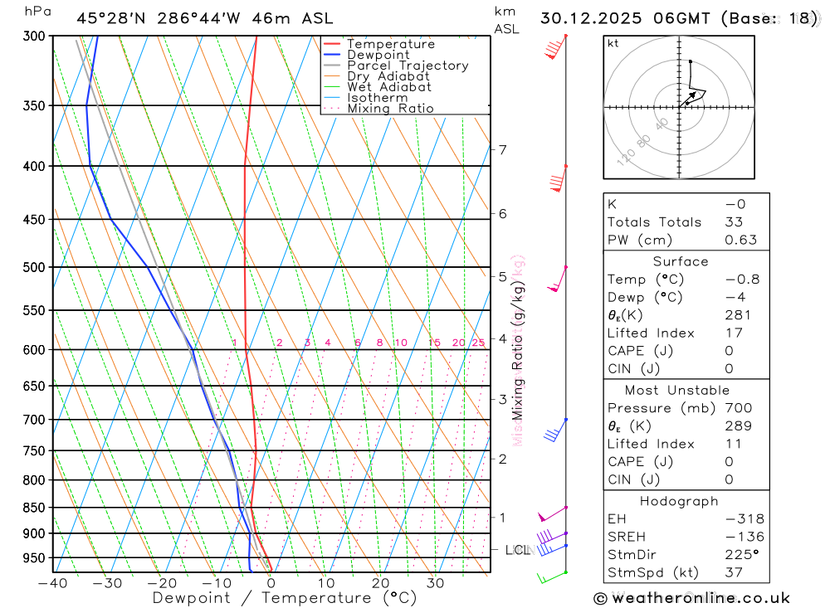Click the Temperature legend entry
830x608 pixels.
390,44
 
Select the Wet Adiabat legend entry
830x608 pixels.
388,87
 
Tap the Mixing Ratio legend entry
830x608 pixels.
390,109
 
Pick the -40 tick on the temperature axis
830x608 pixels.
52,583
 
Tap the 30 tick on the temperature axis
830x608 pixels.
435,583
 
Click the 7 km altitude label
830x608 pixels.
502,150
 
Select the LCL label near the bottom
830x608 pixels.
517,550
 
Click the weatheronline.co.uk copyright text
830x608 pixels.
691,598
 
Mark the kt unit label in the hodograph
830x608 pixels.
613,44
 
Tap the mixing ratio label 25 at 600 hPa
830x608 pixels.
478,343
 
